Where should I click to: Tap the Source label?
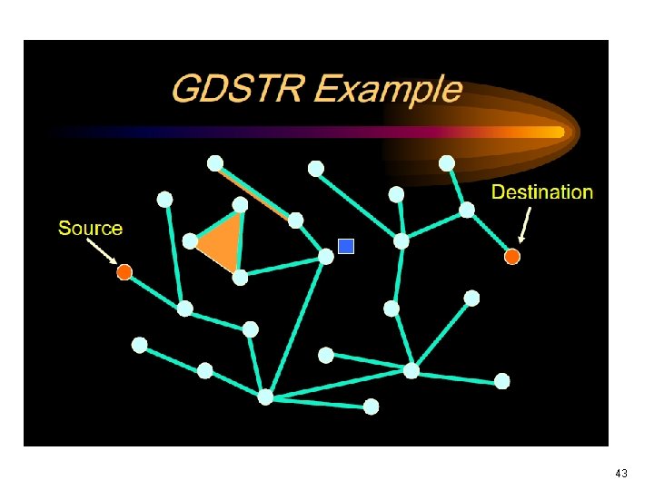[90, 228]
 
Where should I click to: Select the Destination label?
[542, 191]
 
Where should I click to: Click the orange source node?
[124, 271]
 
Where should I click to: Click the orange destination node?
[512, 257]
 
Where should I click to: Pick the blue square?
[345, 245]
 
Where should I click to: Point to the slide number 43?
[621, 474]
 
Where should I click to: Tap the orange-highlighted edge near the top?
[255, 191]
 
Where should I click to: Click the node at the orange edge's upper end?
[215, 163]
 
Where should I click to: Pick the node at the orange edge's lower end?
[295, 220]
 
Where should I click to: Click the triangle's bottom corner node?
[240, 278]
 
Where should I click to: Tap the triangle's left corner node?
[190, 241]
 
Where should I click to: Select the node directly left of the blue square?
[326, 257]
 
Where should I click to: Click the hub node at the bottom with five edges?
[265, 397]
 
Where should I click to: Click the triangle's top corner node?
[240, 204]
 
